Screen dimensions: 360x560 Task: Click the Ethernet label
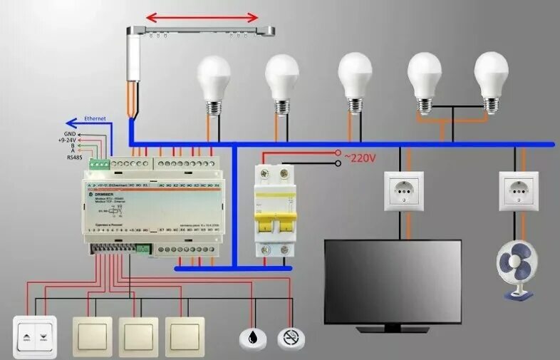(95, 118)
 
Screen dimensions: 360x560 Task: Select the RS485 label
(74, 157)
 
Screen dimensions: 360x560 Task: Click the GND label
(70, 133)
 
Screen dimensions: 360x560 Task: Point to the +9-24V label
(69, 140)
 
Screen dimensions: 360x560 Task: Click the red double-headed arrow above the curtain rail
(202, 16)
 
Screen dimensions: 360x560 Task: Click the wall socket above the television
(404, 191)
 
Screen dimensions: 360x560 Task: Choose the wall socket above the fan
(519, 191)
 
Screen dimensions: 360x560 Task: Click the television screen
(393, 280)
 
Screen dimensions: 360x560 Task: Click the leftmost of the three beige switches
(92, 335)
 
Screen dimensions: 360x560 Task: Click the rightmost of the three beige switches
(185, 335)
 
